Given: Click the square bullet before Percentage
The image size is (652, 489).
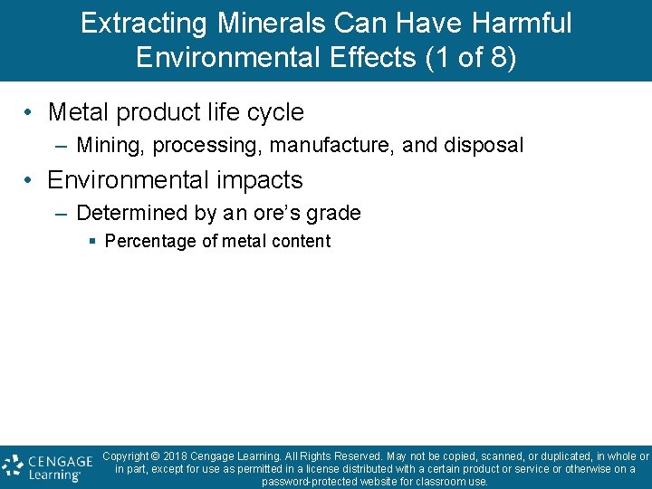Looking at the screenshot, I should pos(93,242).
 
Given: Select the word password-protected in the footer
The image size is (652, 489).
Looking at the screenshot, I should pos(310,482).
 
